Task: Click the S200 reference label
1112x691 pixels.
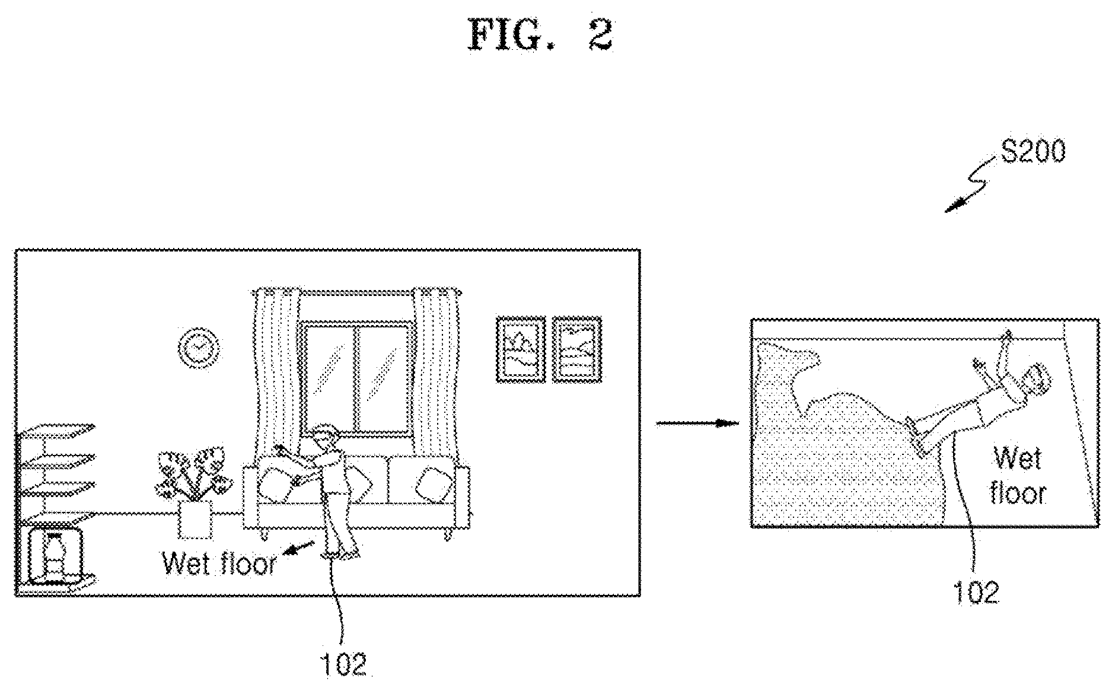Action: click(1033, 152)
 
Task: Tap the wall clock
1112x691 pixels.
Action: click(198, 347)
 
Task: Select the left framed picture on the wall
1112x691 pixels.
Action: click(520, 349)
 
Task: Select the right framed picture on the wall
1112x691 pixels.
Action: click(576, 349)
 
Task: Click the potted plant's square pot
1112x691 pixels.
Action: click(196, 520)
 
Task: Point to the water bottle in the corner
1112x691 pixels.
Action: click(55, 556)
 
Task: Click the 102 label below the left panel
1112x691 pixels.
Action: click(344, 664)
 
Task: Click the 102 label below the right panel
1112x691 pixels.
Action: click(976, 592)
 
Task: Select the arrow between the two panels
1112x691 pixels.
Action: click(697, 423)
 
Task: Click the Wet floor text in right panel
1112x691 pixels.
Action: click(1018, 476)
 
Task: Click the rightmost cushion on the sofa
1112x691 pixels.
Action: click(431, 483)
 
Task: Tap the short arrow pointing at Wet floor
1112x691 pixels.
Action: click(299, 547)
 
